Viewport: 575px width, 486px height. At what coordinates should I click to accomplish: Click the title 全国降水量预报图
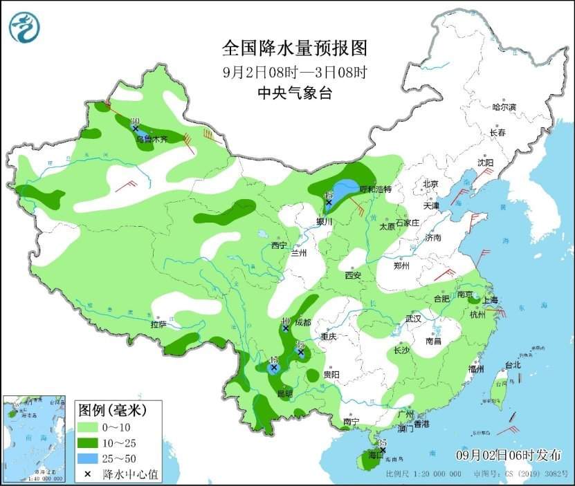click(x=294, y=48)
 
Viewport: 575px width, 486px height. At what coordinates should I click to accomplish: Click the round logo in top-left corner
click(x=24, y=28)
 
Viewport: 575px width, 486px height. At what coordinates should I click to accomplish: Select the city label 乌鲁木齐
click(x=152, y=139)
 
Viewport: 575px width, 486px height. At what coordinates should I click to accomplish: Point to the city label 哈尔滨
click(x=504, y=107)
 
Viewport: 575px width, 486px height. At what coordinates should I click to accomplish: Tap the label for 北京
click(x=430, y=184)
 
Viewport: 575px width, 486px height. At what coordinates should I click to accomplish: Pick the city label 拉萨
click(x=158, y=324)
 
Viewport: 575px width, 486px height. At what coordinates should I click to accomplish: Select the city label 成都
click(x=302, y=322)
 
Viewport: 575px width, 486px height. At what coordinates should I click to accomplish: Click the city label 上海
click(x=490, y=300)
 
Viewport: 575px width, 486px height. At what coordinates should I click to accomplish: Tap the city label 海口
click(x=374, y=456)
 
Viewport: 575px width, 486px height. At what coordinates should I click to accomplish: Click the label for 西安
click(x=353, y=275)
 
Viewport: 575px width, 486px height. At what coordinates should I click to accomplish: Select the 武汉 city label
click(x=414, y=318)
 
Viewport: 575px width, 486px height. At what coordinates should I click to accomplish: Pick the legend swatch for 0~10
click(x=89, y=427)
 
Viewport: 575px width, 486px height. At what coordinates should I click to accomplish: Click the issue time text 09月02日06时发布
click(x=509, y=454)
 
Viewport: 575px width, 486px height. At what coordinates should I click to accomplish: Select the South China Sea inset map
click(x=35, y=438)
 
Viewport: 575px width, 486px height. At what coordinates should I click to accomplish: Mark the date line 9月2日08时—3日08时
click(x=294, y=71)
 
